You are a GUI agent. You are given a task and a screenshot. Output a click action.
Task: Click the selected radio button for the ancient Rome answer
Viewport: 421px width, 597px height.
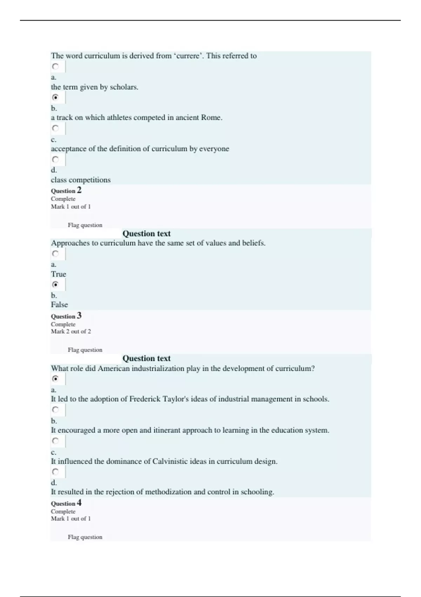(x=55, y=97)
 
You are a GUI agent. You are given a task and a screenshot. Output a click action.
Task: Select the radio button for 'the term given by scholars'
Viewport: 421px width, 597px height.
(x=55, y=66)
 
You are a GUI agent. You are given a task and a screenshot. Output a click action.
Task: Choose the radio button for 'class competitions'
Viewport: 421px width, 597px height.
(x=55, y=159)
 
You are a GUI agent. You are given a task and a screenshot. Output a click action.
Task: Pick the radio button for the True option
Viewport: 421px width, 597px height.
(x=55, y=254)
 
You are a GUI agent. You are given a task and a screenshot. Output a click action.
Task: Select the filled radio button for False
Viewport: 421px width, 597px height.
(x=55, y=284)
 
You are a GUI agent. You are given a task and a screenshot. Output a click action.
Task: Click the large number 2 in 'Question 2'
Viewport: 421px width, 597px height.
(x=79, y=190)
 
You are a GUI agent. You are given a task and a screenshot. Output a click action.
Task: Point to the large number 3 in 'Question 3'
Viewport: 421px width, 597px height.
(x=79, y=315)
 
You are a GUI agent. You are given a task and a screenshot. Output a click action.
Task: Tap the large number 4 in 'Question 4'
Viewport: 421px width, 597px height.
(x=79, y=503)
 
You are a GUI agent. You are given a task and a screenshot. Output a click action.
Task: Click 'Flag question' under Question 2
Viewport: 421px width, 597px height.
(x=85, y=225)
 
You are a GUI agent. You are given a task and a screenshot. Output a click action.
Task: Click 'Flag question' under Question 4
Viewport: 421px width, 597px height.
(x=85, y=537)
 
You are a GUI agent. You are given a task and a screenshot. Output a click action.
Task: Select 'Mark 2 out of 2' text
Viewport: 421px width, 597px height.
(x=71, y=332)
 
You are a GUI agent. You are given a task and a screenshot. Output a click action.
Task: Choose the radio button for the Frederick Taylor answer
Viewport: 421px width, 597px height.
(x=55, y=379)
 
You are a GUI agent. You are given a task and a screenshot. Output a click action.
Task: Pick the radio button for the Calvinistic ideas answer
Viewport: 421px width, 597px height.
(x=55, y=441)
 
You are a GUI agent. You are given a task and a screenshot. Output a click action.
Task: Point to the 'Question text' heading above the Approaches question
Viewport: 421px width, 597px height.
(x=146, y=234)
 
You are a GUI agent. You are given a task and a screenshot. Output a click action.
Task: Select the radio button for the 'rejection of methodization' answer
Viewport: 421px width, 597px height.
(x=55, y=472)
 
